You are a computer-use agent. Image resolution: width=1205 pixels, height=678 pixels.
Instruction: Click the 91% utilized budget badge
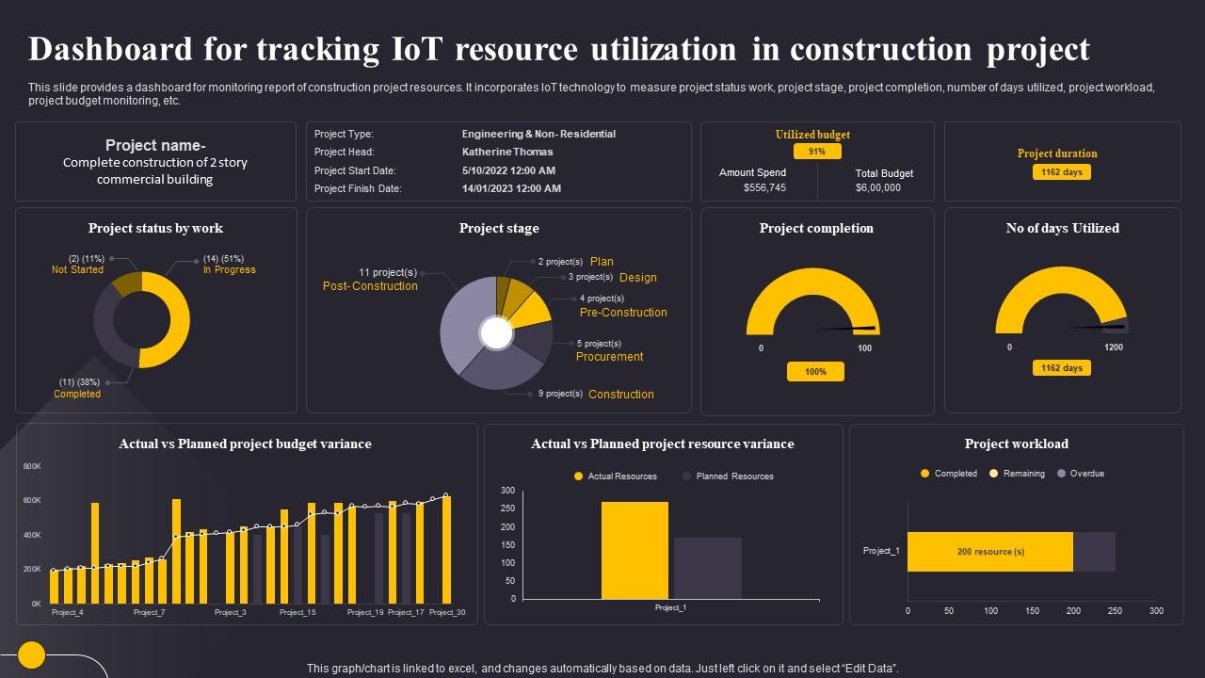tap(816, 152)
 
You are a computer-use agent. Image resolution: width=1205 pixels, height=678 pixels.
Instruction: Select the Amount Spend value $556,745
tap(764, 187)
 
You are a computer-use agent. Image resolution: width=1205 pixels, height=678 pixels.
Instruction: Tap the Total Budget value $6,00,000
tap(877, 187)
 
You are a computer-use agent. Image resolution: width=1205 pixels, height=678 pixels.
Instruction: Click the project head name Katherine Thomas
tap(507, 152)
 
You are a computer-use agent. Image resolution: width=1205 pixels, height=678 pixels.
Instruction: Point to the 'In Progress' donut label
tap(229, 269)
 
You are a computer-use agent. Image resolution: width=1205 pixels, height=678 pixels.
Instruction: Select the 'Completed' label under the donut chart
tap(77, 394)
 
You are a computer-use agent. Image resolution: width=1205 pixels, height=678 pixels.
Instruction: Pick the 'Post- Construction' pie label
tap(370, 286)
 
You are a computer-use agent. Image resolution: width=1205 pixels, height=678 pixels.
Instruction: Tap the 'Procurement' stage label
tap(609, 357)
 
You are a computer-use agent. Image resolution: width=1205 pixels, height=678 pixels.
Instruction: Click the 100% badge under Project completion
tap(815, 372)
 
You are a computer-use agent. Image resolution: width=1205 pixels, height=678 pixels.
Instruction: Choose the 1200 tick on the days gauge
tap(1114, 347)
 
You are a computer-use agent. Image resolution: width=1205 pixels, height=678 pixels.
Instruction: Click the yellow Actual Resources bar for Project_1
tap(635, 550)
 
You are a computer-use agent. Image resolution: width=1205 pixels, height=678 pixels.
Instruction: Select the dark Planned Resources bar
tap(707, 568)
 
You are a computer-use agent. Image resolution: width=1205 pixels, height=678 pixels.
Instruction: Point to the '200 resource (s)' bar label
tap(990, 552)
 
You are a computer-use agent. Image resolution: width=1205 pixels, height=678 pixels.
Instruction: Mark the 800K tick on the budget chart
tap(32, 466)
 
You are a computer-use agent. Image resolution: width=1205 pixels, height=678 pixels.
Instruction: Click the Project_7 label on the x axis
tap(150, 612)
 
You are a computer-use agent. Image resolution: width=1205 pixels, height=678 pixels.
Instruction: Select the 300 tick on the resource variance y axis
tap(507, 491)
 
